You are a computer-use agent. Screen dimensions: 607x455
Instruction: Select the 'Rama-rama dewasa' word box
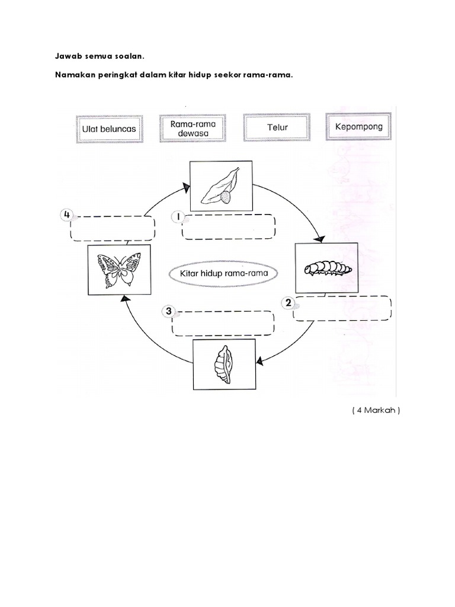(191, 128)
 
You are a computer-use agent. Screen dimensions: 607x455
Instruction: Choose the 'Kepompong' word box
(358, 126)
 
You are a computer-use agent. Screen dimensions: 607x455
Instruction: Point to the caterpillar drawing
(326, 268)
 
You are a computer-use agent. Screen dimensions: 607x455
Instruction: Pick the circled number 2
(289, 303)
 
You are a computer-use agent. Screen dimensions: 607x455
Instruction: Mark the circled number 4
(66, 215)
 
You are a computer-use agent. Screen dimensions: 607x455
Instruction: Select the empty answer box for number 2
(343, 308)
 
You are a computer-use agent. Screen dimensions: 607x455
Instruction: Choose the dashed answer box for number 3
(223, 323)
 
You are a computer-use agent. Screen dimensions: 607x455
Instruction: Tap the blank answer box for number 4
(113, 228)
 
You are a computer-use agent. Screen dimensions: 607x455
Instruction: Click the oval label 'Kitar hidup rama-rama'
(224, 274)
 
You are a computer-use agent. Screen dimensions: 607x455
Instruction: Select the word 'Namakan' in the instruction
(75, 75)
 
